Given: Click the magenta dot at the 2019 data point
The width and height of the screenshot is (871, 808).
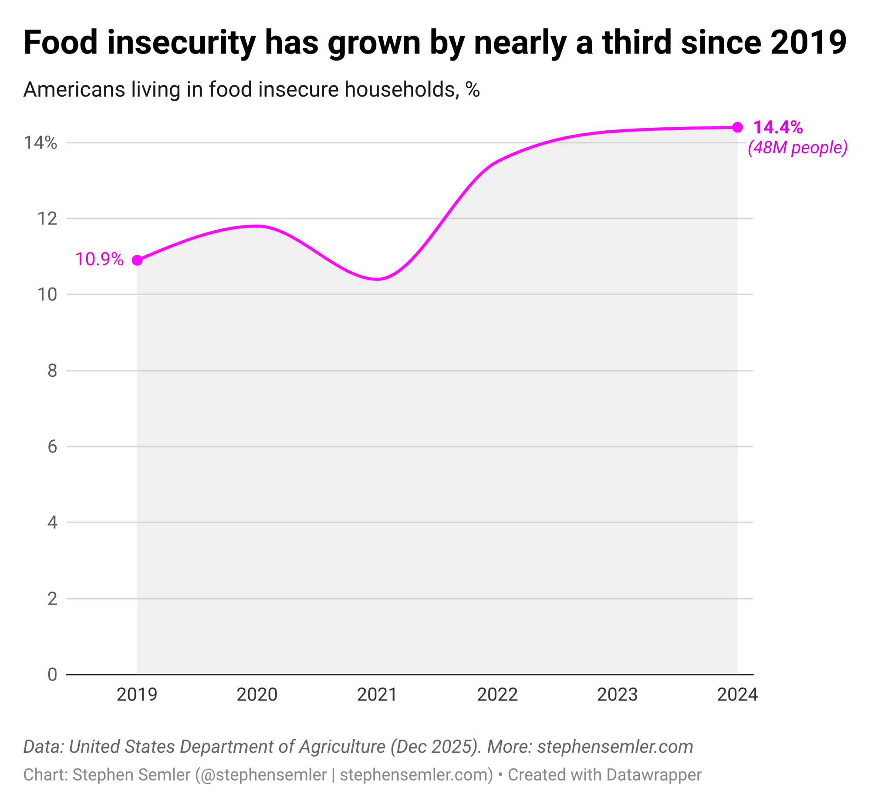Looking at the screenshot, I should point(137,260).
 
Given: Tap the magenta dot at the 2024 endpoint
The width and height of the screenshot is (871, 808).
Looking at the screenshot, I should point(737,127).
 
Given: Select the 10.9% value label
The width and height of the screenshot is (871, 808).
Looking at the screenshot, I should point(99,259).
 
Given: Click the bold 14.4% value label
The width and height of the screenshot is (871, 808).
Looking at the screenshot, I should point(778,127).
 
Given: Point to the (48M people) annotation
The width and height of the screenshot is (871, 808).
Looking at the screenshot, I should point(797,148).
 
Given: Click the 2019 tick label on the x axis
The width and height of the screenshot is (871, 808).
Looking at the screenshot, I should point(137,695).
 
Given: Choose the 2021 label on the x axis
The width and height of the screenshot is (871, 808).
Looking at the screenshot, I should point(377,695).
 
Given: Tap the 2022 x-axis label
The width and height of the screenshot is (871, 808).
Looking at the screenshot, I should point(497,695).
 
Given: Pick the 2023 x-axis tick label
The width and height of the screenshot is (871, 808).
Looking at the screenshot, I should point(617,695).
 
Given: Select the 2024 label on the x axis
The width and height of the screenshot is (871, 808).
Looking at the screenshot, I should point(737,695).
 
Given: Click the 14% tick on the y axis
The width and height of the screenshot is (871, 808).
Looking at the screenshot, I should point(40,142).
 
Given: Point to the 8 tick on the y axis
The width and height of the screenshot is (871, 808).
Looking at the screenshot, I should point(52,371).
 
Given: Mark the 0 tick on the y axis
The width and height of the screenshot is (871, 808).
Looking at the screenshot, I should point(52,675).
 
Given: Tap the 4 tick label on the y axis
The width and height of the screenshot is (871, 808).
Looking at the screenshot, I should point(52,523).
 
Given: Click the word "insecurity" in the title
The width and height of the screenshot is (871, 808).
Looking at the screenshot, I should point(181,43).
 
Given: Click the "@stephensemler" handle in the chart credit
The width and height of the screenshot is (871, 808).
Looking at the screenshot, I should point(261,775).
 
